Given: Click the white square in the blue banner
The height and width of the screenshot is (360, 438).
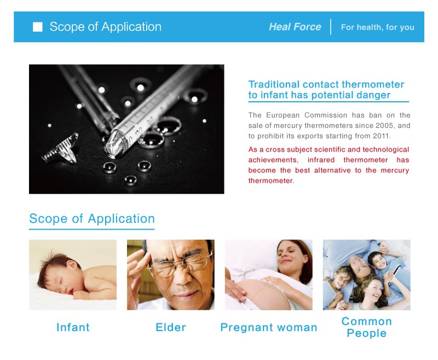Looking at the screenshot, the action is coord(38,27).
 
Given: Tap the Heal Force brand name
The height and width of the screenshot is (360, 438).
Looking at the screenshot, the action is coord(295,27).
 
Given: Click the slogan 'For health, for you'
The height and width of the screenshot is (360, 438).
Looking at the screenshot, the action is coord(378,27).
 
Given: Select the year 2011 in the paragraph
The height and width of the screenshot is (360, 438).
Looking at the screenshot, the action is coord(381,136).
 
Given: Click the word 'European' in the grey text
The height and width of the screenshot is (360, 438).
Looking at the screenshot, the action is coord(283,115).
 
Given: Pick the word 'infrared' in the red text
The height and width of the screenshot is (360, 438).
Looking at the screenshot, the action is coord(321,160).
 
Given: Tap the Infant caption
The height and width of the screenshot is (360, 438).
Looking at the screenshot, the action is coord(73,327).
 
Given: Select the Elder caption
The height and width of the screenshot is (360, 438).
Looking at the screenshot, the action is coord(171,327).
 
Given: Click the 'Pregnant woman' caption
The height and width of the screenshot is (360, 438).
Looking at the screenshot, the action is coord(269,327).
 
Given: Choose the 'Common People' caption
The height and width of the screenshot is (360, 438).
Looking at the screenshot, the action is coord(367,327).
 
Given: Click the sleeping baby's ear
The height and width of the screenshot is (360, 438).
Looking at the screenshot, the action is coord(72,264).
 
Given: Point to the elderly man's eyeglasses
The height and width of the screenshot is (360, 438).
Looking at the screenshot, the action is coord(179,265).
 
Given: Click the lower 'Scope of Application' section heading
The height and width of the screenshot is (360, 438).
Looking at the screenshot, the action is coord(92,218).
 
